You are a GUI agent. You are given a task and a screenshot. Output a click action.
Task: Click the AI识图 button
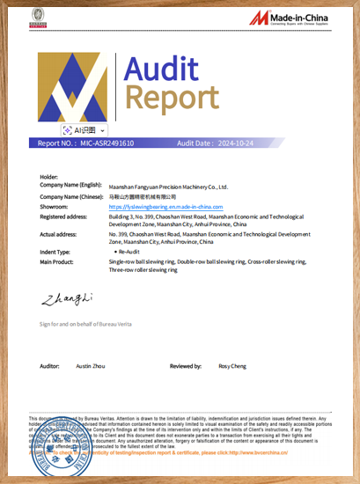84,129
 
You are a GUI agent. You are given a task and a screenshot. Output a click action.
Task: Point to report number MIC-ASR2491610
107,143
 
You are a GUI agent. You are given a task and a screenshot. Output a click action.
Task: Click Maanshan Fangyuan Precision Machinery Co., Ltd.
168,187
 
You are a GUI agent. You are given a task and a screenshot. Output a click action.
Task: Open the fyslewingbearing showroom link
166,206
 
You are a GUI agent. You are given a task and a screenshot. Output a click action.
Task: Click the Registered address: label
63,216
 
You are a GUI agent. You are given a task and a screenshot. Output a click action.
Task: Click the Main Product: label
57,261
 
